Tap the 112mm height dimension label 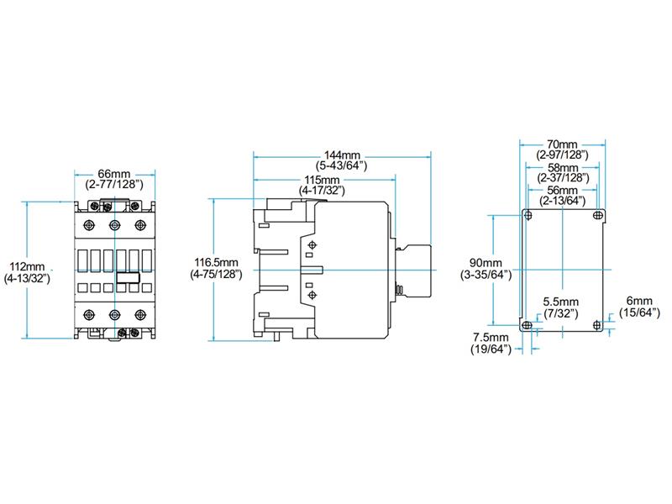point(28,265)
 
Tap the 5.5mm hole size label point(560,302)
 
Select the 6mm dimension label point(638,302)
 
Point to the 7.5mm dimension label point(491,338)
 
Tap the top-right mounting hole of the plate point(597,217)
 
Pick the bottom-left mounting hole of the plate point(528,326)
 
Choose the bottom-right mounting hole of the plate point(597,326)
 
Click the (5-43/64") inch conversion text point(341,166)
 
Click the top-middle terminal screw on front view point(114,224)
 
